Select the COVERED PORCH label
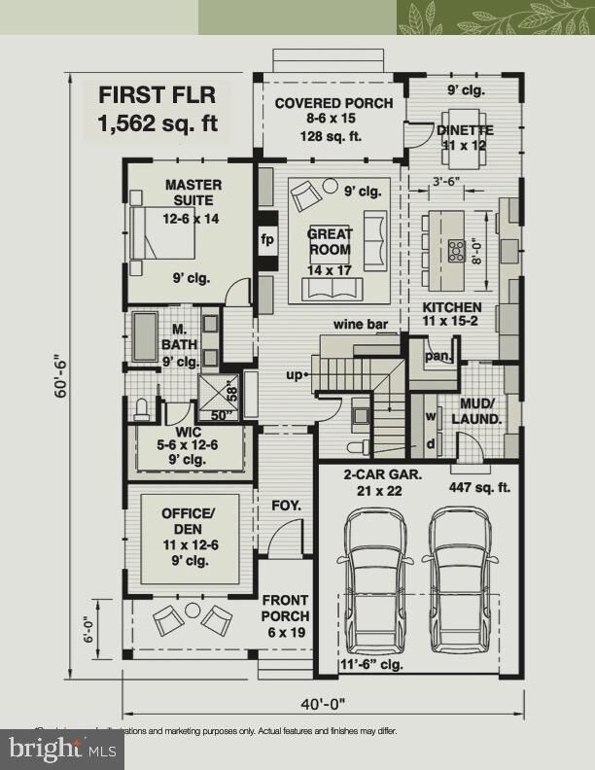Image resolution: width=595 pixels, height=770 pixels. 333,103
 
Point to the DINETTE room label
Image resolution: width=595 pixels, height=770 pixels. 465,130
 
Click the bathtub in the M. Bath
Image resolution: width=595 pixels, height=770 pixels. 146,335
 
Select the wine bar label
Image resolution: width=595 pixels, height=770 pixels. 357,324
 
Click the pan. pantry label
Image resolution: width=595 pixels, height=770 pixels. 437,357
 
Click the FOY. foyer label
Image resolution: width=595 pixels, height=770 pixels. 286,506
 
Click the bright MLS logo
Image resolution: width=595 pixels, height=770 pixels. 63,748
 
